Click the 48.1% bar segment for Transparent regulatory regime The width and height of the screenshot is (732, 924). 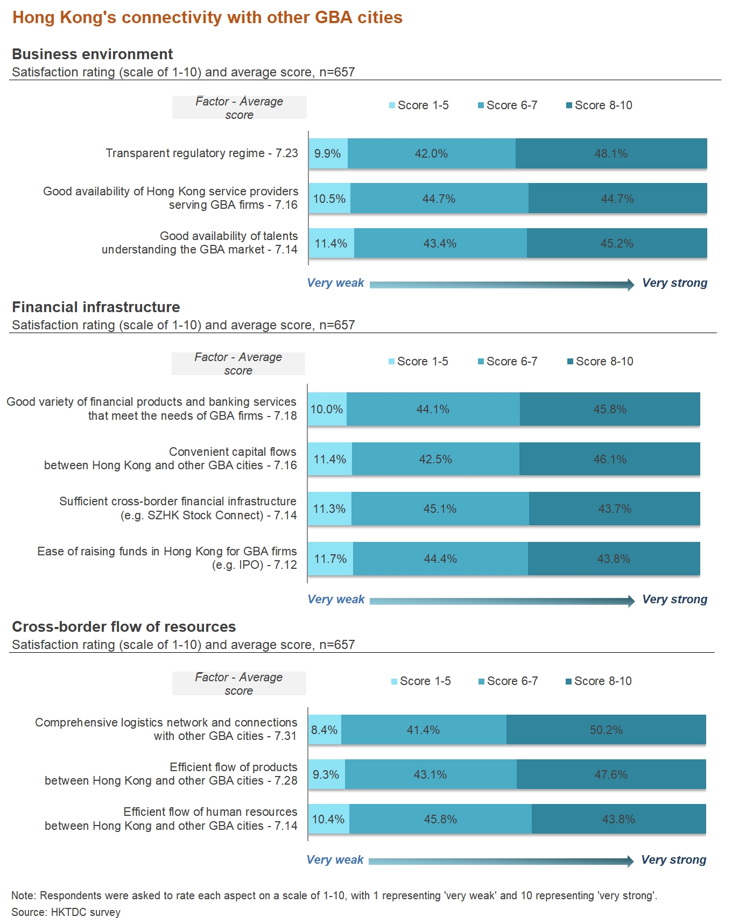tap(611, 153)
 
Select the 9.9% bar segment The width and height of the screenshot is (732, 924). tap(328, 153)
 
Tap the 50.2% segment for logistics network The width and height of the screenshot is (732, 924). tap(606, 730)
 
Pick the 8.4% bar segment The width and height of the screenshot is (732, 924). tap(325, 730)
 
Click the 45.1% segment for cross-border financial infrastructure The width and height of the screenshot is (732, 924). tap(440, 509)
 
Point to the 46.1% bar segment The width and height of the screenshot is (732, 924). tap(610, 459)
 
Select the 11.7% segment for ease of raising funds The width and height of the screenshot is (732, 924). tap(330, 559)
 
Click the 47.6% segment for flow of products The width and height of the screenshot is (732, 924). tap(611, 774)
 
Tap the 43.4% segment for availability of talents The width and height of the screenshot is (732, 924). tap(440, 243)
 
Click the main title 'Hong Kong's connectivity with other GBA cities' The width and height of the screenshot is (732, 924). tap(207, 17)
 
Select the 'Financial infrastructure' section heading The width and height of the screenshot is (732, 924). tap(96, 307)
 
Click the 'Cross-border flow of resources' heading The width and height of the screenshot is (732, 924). tap(124, 626)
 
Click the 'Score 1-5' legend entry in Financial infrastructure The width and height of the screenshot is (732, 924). tap(418, 361)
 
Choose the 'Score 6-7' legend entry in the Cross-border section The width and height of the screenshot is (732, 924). tap(508, 681)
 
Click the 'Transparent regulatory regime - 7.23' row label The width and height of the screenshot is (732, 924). tap(201, 153)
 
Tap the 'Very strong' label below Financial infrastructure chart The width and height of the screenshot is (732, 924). tap(674, 599)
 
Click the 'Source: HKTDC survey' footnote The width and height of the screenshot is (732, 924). tap(66, 912)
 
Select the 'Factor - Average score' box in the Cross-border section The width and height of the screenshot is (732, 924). tap(239, 683)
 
